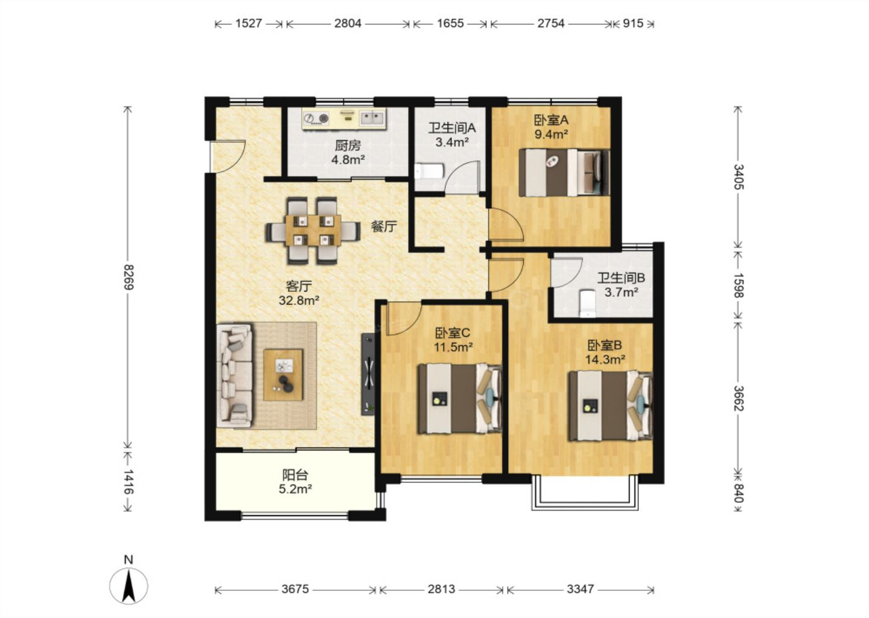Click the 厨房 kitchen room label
coord(348,145)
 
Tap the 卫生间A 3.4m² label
coord(452,135)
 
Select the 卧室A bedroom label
coord(552,120)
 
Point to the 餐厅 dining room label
coord(384,226)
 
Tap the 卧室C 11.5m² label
coord(453,339)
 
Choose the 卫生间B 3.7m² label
coord(621,285)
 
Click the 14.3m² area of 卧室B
coord(605,360)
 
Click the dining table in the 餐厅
coord(313,231)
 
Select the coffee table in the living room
coord(283,375)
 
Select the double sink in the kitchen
coord(372,118)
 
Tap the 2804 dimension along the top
coord(348,24)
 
